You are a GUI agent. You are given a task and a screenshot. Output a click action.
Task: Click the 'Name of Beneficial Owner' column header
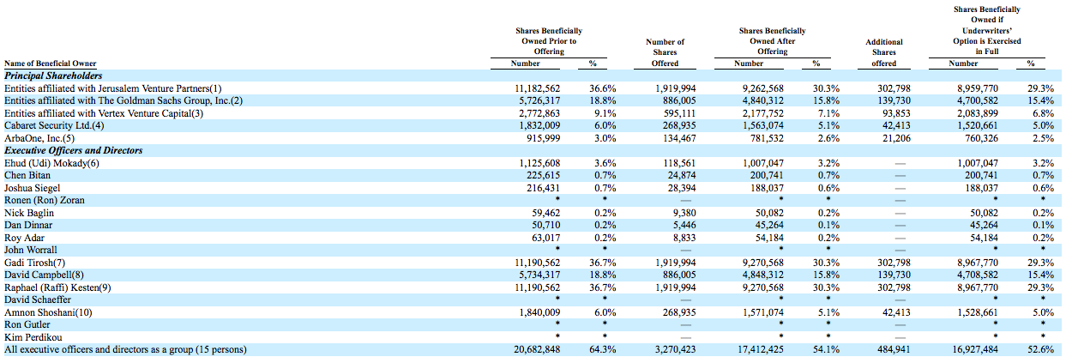51,64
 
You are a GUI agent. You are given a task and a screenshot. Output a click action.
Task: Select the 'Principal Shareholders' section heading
53,76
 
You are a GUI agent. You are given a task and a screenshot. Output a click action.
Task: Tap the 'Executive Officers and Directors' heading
73,150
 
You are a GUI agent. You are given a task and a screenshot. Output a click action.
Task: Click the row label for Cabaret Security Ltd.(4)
54,126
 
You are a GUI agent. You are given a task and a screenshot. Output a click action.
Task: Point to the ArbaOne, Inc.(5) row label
39,138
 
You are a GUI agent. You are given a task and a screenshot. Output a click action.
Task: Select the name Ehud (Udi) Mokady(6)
51,163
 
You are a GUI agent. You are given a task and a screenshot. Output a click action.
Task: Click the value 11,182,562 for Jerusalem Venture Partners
537,88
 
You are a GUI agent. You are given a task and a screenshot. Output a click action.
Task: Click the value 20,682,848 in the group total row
537,349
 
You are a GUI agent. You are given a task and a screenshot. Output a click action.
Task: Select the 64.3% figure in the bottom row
603,349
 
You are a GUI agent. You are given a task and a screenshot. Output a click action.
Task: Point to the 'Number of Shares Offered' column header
665,52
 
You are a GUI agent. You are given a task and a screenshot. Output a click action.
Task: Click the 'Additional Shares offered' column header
883,52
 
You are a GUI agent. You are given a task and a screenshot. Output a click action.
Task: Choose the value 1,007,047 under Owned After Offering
763,163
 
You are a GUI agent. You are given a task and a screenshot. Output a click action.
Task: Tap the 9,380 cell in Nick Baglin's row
684,213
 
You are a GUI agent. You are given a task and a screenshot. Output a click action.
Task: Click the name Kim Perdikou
33,337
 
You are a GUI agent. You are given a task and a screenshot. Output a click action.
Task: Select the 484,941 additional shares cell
894,349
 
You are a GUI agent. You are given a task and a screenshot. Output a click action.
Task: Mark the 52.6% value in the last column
1040,349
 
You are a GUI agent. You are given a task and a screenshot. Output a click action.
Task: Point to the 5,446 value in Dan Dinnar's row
684,226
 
